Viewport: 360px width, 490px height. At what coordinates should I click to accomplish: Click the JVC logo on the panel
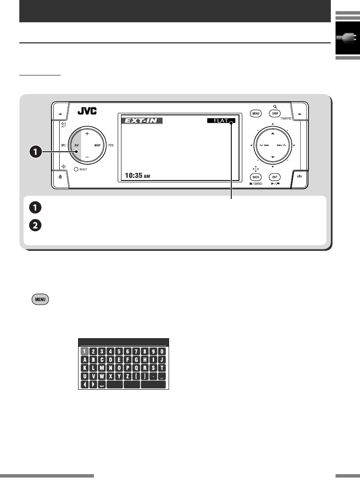[x=87, y=111]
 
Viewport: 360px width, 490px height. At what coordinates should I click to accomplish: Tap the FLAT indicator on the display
[x=220, y=121]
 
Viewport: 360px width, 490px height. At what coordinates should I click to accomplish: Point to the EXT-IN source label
[x=141, y=121]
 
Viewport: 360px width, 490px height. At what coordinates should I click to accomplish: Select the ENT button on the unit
[x=275, y=177]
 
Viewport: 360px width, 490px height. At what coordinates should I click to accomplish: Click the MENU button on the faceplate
[x=256, y=114]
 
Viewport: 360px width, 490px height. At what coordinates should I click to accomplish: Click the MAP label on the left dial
[x=97, y=146]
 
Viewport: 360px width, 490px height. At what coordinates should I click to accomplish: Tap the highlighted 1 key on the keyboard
[x=84, y=351]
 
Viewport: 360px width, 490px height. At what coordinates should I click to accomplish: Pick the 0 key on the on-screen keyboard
[x=161, y=351]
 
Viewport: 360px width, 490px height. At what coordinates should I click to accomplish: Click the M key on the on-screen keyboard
[x=101, y=368]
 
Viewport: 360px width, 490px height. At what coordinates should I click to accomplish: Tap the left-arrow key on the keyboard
[x=84, y=385]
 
